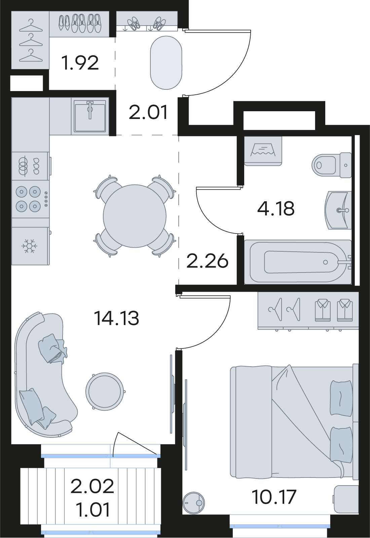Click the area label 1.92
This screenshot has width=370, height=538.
tap(80, 63)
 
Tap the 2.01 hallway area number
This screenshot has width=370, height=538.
tap(148, 113)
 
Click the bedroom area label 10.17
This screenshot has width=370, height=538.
tap(274, 497)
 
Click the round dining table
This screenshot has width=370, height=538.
tap(135, 216)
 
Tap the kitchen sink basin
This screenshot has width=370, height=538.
tap(90, 116)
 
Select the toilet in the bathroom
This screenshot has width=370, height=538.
tap(332, 165)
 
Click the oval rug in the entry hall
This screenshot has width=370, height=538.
tap(166, 63)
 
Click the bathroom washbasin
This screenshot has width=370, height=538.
tap(338, 210)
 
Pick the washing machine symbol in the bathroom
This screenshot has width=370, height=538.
tap(263, 151)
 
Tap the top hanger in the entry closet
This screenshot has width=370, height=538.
tap(31, 26)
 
